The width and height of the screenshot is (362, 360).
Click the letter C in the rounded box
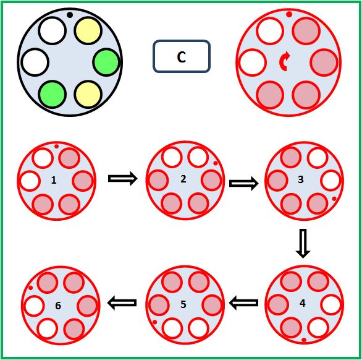click(182, 57)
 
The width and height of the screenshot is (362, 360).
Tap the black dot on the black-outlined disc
click(70, 15)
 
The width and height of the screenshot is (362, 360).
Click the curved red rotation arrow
click(285, 61)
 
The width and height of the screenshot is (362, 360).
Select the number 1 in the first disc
click(54, 180)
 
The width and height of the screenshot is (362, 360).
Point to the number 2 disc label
click(183, 179)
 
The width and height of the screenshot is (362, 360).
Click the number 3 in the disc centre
click(301, 179)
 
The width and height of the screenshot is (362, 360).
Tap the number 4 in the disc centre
click(303, 303)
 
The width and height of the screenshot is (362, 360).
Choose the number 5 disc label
click(183, 304)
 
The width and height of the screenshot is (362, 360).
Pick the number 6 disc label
click(58, 306)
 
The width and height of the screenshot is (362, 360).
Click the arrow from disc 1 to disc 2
click(123, 178)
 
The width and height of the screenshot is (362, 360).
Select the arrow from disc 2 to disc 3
click(244, 183)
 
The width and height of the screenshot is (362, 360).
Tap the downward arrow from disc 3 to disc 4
click(303, 244)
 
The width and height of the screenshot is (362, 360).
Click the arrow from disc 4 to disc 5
click(244, 302)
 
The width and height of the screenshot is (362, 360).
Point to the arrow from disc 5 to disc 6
click(122, 302)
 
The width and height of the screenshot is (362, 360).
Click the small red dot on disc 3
click(334, 199)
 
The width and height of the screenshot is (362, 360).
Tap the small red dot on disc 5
click(155, 322)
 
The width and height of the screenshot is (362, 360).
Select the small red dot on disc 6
click(31, 288)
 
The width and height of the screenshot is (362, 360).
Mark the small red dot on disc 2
click(216, 163)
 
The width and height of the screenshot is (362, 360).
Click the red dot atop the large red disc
click(289, 14)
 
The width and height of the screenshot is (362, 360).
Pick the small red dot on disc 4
click(304, 340)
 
